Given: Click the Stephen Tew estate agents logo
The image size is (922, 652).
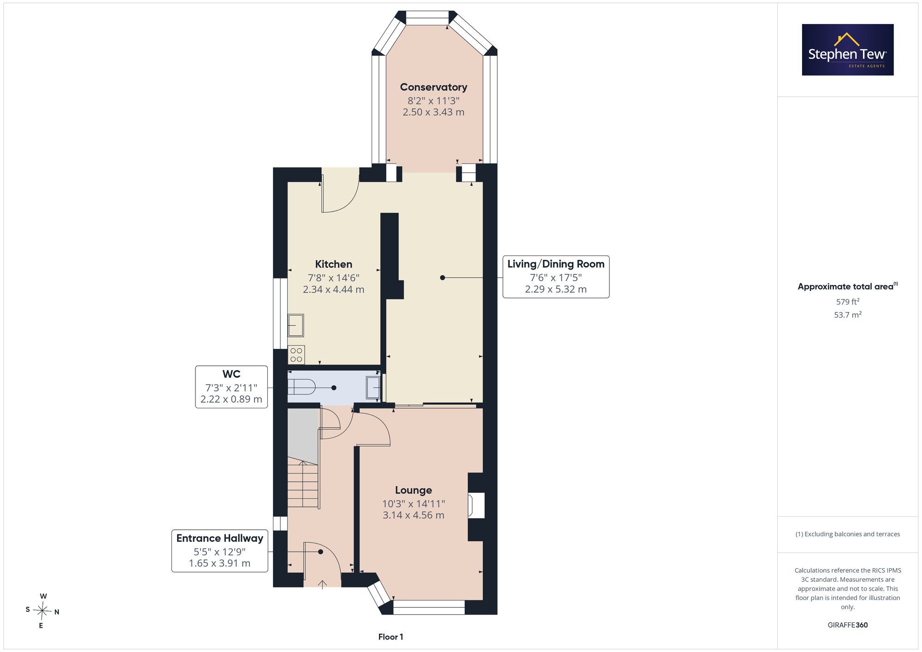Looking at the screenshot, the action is [848, 50].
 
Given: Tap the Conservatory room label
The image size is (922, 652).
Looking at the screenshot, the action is [433, 87].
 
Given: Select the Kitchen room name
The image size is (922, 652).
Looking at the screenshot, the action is [333, 264].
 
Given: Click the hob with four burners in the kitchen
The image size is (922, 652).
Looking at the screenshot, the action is [296, 355].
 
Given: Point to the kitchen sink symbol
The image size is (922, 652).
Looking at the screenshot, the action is [296, 325].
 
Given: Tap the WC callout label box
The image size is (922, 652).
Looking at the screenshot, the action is [231, 387].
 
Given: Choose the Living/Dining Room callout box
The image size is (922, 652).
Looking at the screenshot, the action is [556, 277].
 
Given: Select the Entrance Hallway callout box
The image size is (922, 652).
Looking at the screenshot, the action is [220, 551].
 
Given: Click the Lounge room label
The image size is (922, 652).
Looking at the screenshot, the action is [414, 490].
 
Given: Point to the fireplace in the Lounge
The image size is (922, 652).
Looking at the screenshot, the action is [476, 505].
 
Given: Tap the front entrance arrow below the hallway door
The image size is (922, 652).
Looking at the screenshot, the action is [322, 584].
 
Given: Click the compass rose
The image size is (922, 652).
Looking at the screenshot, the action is [42, 611].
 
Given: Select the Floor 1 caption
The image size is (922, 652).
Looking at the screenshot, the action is [390, 637].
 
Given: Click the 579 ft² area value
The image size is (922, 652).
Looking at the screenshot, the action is [848, 302].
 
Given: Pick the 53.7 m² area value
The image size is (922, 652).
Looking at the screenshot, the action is [848, 315].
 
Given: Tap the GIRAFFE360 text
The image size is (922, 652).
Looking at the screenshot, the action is [848, 625].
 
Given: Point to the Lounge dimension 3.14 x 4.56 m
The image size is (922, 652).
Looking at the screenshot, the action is [414, 515].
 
